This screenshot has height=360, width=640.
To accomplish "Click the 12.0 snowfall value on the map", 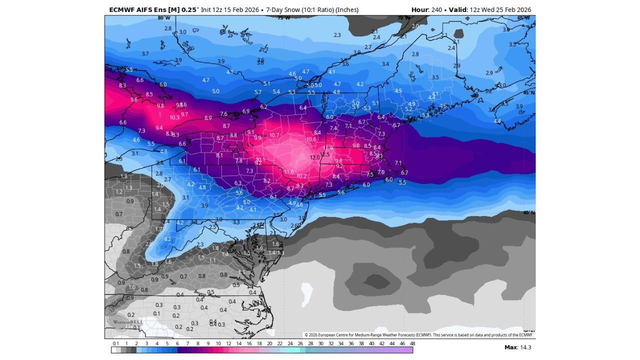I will point(314,157).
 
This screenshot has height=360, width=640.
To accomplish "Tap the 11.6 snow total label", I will point(289,172).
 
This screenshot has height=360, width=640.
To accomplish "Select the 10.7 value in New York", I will point(274,135).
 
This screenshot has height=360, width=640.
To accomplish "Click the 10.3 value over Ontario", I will point(174,117).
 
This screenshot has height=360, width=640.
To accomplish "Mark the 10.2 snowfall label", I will point(301,176).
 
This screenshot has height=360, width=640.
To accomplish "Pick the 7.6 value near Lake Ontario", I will point(223,114).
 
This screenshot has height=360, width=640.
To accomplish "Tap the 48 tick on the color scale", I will point(412,344).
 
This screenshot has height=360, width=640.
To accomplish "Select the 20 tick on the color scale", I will point(269,344).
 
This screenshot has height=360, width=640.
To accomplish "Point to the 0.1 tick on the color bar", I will point(115,344).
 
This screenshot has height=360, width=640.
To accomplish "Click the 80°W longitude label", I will point(163,18).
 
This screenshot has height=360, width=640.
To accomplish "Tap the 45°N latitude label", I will point(528,93).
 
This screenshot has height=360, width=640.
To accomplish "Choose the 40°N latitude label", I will point(528,212).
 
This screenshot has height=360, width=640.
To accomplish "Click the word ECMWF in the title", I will point(121,9).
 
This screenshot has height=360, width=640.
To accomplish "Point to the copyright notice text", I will point(419,335).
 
